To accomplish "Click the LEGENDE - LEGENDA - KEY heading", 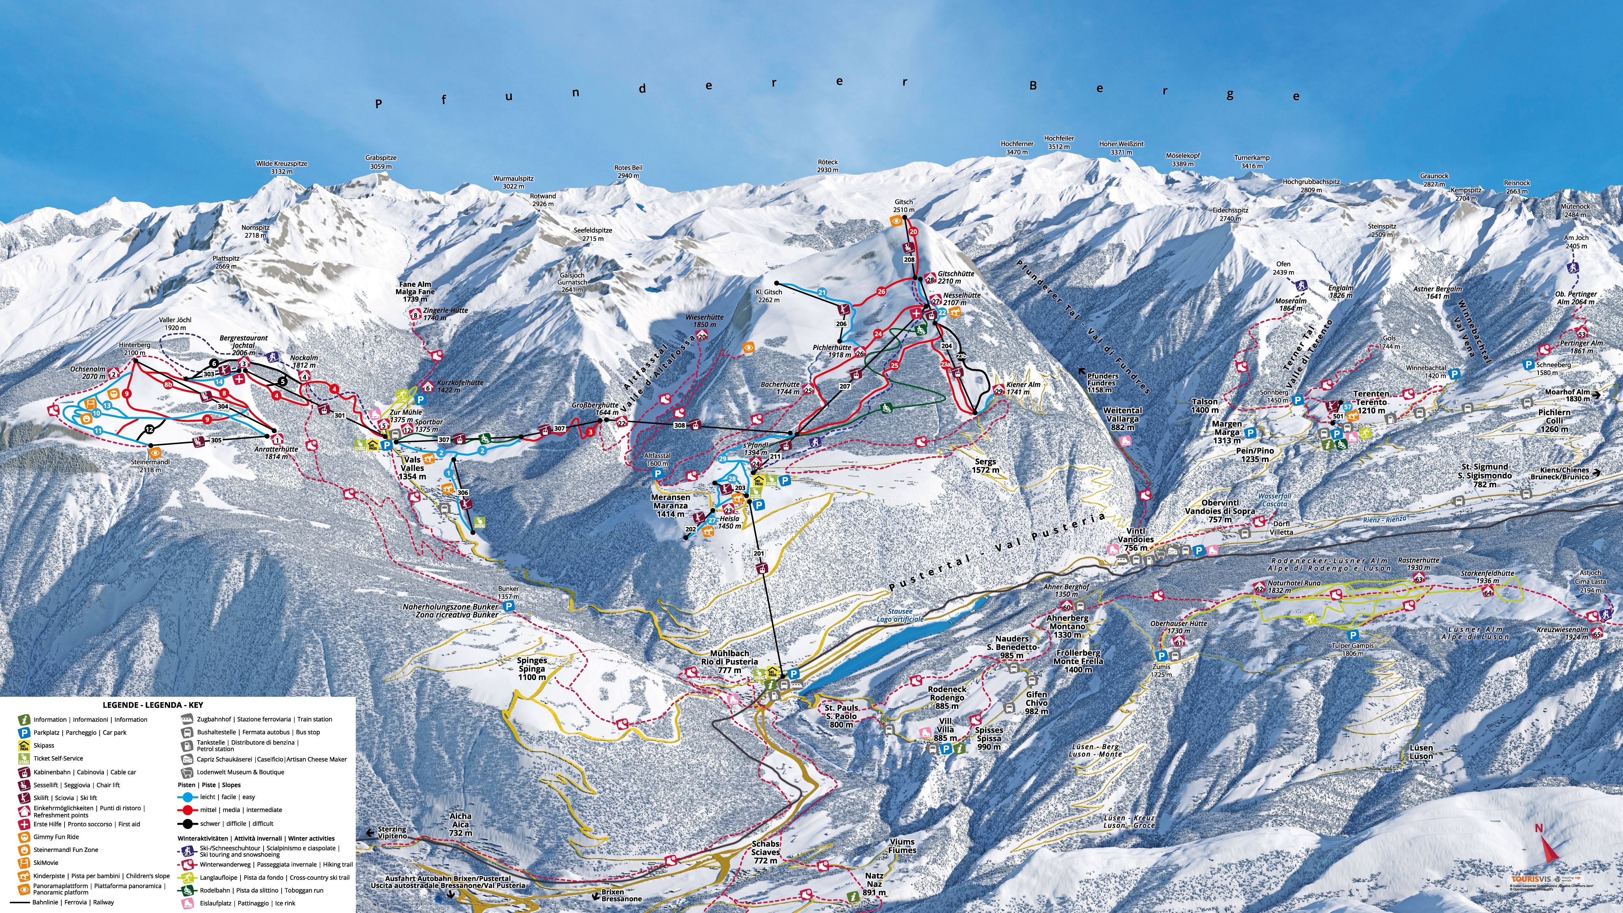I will click(x=153, y=705).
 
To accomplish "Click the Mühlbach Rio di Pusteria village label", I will click(x=730, y=662).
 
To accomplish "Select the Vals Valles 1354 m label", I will click(x=412, y=468).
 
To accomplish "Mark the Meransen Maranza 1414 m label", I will click(x=670, y=505).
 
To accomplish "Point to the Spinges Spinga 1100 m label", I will click(x=532, y=669).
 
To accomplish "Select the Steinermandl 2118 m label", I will click(x=151, y=466).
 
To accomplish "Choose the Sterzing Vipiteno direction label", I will click(x=392, y=832).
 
